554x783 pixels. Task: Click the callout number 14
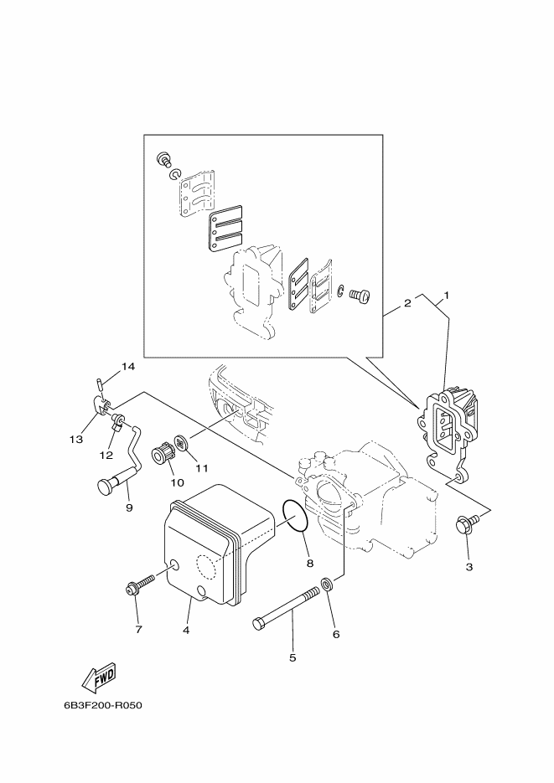pyautogui.click(x=128, y=367)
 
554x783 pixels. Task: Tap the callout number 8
pyautogui.click(x=310, y=564)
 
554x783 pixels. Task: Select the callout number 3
pyautogui.click(x=469, y=567)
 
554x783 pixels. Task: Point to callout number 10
pyautogui.click(x=178, y=482)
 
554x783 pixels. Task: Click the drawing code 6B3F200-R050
pyautogui.click(x=103, y=706)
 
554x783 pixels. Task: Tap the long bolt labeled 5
pyautogui.click(x=287, y=605)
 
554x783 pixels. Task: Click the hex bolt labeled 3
pyautogui.click(x=467, y=524)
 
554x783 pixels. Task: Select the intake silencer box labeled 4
pyautogui.click(x=220, y=544)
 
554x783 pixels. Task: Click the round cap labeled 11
pyautogui.click(x=181, y=442)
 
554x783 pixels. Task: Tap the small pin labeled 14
pyautogui.click(x=99, y=384)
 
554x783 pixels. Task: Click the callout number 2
pyautogui.click(x=407, y=303)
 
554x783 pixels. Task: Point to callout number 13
pyautogui.click(x=76, y=440)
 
